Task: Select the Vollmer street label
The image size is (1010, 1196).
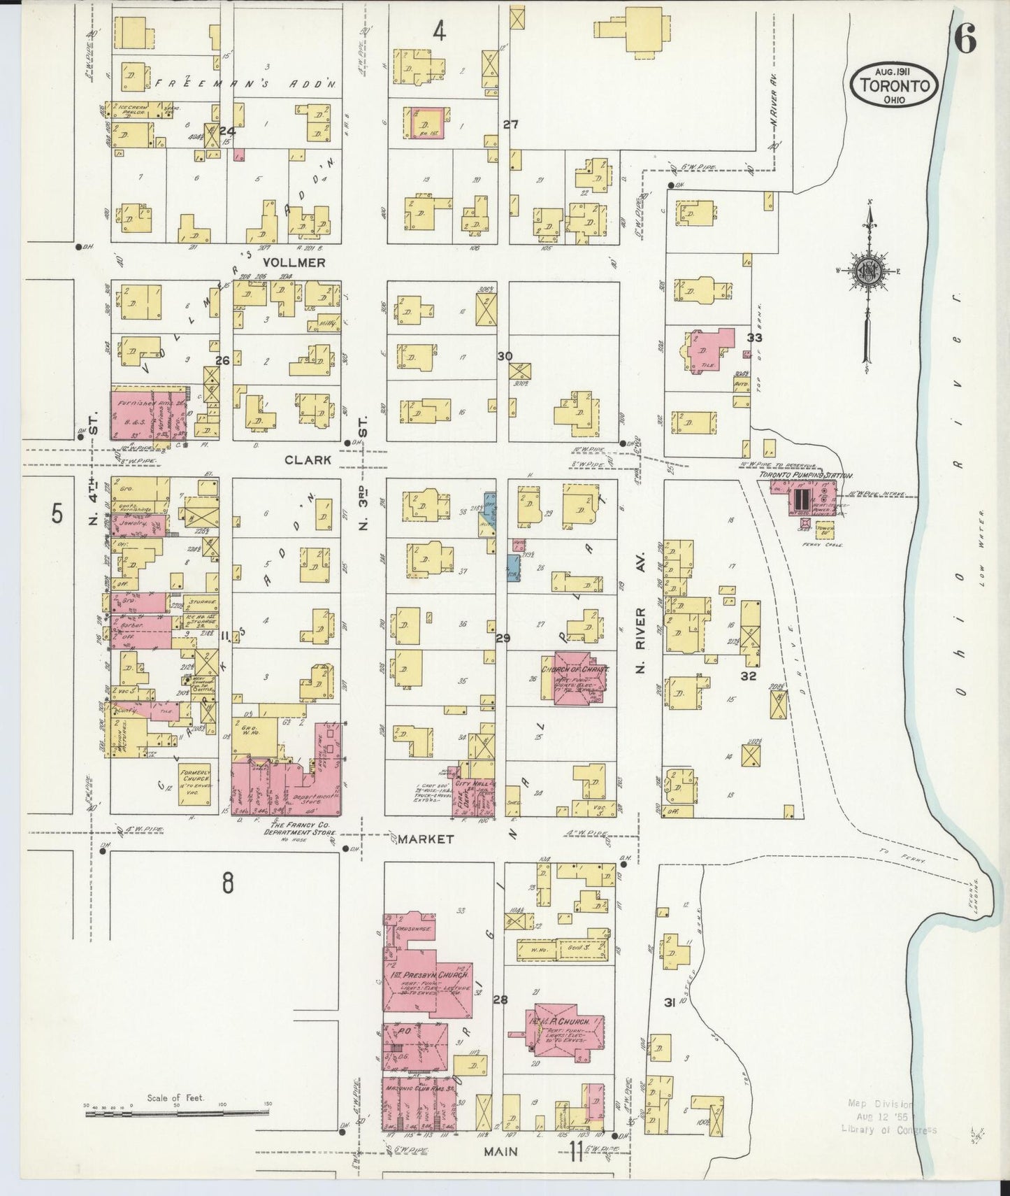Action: point(294,262)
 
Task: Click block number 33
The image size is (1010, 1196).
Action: point(754,338)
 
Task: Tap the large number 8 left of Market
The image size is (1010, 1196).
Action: point(228,883)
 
